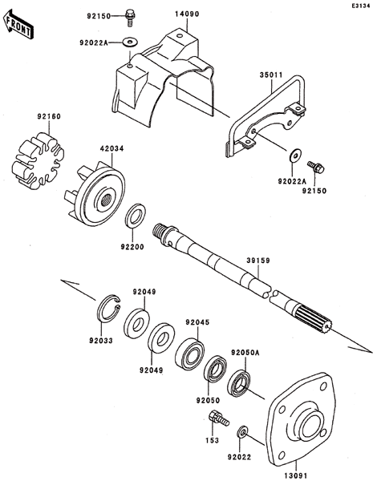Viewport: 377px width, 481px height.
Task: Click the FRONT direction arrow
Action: [18, 24]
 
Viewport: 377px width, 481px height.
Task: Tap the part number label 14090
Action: [187, 14]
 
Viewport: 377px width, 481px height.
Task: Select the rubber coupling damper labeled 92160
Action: [38, 160]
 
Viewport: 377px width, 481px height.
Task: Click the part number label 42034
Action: [111, 149]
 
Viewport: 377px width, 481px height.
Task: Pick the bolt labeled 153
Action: [218, 418]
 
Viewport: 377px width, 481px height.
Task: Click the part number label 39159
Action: [258, 261]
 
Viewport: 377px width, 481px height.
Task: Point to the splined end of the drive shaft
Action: [313, 319]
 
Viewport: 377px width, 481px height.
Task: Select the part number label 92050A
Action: [245, 353]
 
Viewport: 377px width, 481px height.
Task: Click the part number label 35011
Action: [271, 75]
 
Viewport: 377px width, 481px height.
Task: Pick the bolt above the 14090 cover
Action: [130, 18]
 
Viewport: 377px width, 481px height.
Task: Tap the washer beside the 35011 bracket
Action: [296, 155]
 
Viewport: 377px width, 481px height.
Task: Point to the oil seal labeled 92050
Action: [216, 370]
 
